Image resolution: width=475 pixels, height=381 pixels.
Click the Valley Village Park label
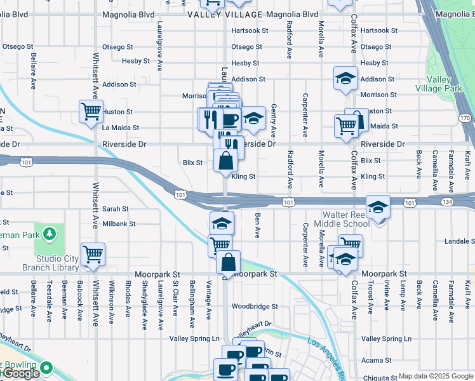[x=444, y=84]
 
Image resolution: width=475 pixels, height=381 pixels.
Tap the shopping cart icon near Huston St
[x=91, y=111]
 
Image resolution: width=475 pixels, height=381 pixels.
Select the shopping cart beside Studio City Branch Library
[x=93, y=254]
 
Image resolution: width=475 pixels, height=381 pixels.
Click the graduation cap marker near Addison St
[x=345, y=77]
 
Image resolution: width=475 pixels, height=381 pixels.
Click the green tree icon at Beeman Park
[x=49, y=234]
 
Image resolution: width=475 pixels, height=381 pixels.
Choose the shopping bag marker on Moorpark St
[x=228, y=261]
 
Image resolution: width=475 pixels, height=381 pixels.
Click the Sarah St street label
[x=116, y=208]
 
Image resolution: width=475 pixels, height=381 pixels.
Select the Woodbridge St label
[x=255, y=306]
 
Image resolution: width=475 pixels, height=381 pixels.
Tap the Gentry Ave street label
[x=274, y=121]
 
